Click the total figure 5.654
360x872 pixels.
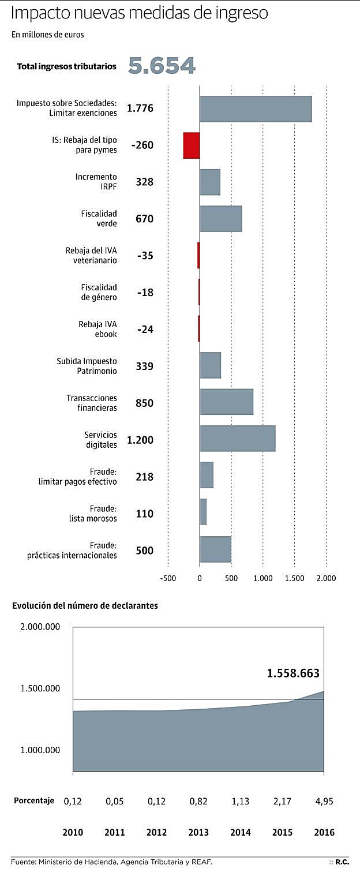(x=162, y=66)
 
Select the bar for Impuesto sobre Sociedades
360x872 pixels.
(x=256, y=108)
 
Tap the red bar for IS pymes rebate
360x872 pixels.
(x=192, y=145)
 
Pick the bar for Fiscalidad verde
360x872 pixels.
(x=220, y=219)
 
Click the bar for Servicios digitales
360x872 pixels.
(x=237, y=439)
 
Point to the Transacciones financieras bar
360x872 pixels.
(x=226, y=402)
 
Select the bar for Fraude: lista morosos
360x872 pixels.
(x=203, y=512)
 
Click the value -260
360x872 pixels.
(x=142, y=145)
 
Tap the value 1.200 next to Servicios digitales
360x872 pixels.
(x=140, y=440)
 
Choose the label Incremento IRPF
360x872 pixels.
(x=96, y=182)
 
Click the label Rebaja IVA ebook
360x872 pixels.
(x=97, y=329)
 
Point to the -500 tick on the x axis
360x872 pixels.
(x=168, y=578)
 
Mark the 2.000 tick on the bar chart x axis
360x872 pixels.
(x=325, y=578)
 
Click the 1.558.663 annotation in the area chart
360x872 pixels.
(x=292, y=673)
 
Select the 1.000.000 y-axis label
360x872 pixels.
(x=40, y=750)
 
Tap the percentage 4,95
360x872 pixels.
(x=324, y=801)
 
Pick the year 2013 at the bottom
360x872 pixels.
(x=198, y=833)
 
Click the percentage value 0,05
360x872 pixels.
(x=115, y=801)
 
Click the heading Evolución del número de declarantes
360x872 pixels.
(x=85, y=606)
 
